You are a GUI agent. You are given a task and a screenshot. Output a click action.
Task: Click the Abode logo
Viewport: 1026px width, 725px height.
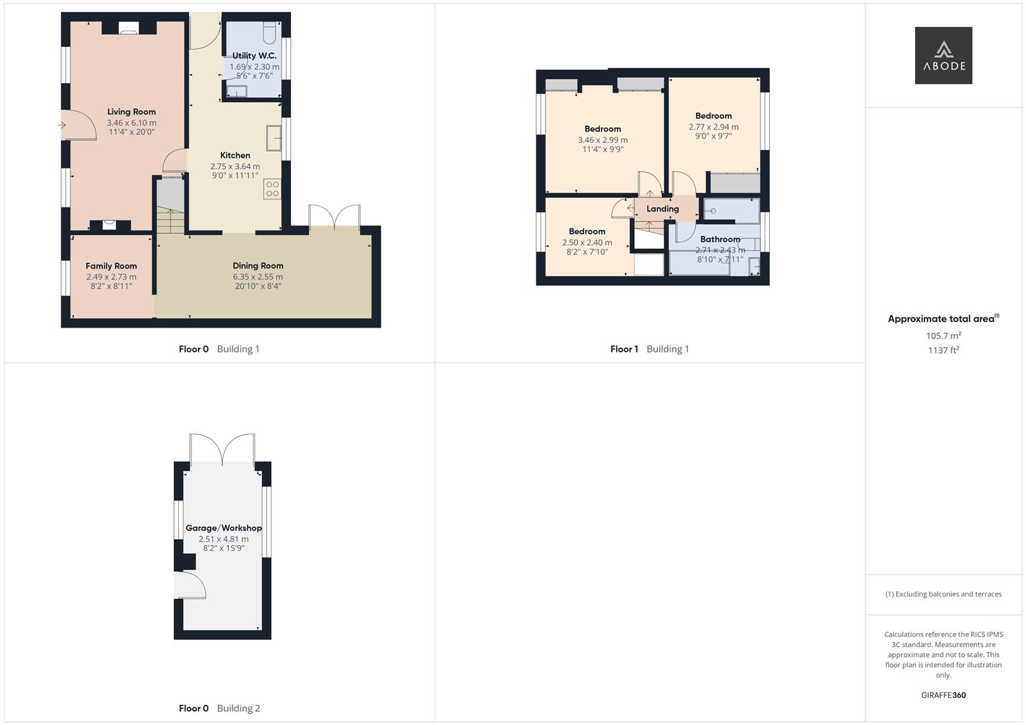[x=943, y=55]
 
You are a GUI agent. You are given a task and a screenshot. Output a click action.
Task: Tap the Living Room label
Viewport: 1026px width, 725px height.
[x=132, y=111]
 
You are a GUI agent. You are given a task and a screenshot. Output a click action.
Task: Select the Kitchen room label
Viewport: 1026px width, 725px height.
[x=235, y=155]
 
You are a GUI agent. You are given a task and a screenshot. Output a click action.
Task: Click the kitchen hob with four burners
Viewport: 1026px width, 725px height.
[x=273, y=189]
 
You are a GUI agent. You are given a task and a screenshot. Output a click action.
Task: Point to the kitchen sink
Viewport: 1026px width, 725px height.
[x=274, y=138]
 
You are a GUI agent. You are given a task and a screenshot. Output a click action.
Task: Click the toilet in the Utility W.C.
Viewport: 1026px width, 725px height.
[x=269, y=32]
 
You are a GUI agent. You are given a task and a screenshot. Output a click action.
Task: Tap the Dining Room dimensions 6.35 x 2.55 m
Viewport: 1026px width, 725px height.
[x=258, y=277]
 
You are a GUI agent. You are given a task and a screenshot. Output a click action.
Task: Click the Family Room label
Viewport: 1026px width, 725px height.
[x=112, y=266]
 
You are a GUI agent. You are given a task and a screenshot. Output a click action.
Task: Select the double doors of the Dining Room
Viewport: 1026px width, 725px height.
[x=335, y=216]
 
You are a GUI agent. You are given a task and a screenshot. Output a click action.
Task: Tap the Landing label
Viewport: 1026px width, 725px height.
[x=662, y=209]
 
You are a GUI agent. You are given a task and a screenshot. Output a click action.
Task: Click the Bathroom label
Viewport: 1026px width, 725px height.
[x=720, y=239]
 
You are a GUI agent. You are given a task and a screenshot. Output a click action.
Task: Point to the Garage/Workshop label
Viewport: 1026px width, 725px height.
[x=224, y=528]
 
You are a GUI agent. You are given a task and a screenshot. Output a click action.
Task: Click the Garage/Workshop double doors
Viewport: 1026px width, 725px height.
[x=222, y=448]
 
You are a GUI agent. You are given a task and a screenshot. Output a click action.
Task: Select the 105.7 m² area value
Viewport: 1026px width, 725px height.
[x=943, y=336]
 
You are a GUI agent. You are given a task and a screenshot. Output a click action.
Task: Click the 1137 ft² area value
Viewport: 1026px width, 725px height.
[x=943, y=350]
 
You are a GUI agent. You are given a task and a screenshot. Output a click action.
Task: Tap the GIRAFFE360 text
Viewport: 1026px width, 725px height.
[x=943, y=695]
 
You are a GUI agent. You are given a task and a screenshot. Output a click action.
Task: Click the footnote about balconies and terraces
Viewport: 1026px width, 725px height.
[x=943, y=594]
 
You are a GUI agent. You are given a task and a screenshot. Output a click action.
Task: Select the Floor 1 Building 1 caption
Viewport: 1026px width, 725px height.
[x=650, y=349]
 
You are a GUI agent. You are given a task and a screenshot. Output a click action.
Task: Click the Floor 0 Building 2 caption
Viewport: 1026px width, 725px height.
[x=220, y=708]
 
